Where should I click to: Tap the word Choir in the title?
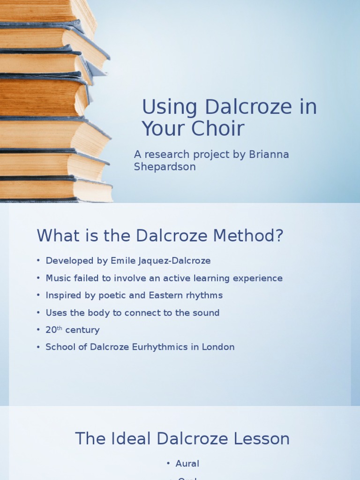(x=217, y=129)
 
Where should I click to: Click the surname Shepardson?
(x=165, y=166)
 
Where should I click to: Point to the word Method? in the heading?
(x=249, y=236)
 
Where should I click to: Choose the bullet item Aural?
(x=187, y=464)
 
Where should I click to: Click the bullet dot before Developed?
(x=38, y=261)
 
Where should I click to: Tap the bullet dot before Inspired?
(x=38, y=295)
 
